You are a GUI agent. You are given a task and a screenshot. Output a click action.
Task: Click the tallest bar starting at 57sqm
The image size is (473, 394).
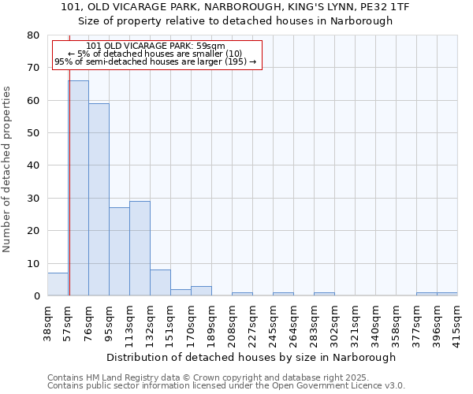[78, 189]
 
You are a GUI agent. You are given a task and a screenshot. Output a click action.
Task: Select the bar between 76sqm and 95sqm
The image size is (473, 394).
[99, 200]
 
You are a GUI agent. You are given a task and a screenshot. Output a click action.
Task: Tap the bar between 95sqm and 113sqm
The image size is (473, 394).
[119, 252]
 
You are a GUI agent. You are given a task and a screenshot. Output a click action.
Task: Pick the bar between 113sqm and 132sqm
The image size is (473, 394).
[140, 249]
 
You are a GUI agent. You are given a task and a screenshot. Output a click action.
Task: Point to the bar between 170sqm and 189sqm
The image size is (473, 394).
[201, 292]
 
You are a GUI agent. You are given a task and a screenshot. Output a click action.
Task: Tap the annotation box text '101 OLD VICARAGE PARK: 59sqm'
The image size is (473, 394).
[155, 46]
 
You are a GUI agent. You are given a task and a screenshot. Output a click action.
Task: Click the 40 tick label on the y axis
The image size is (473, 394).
[32, 166]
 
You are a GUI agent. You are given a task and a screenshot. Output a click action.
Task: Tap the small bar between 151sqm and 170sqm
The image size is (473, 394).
[181, 293]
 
